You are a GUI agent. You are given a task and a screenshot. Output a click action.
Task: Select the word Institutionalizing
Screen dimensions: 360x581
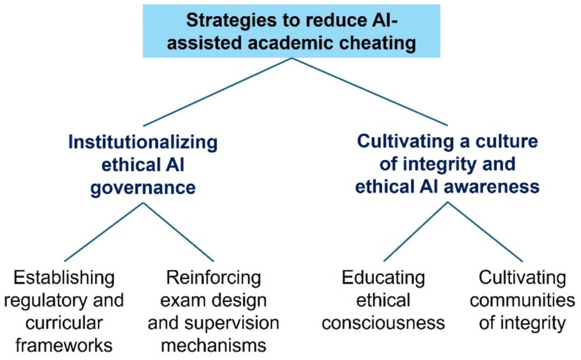(x=143, y=142)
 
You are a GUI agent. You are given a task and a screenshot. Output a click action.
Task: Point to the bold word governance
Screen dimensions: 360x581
(x=143, y=188)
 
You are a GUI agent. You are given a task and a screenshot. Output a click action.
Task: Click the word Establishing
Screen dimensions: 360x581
(x=64, y=278)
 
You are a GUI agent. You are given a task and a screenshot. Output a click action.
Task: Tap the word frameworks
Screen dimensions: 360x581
(x=64, y=346)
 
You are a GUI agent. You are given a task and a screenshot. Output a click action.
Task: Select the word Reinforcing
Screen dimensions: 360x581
(x=213, y=278)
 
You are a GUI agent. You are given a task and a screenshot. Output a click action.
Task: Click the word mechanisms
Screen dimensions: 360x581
(x=213, y=346)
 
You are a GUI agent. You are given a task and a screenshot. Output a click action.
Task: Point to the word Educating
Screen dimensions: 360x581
(x=383, y=278)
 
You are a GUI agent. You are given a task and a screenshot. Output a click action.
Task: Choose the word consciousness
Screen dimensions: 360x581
(x=383, y=323)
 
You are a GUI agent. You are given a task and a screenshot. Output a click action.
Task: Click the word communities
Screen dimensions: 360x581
(x=522, y=301)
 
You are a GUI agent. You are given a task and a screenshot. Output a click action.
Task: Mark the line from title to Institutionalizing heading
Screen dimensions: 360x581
(x=218, y=92)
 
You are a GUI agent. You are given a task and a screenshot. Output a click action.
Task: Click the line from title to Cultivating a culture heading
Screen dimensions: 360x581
(x=369, y=92)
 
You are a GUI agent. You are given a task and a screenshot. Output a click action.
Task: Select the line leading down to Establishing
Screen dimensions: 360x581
(x=104, y=232)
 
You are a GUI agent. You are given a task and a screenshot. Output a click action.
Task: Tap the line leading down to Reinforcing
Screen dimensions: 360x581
(x=178, y=232)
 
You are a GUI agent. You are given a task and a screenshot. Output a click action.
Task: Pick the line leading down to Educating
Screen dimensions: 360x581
(x=416, y=231)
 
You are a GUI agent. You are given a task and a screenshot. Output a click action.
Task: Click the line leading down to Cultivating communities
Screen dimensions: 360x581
(x=485, y=231)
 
